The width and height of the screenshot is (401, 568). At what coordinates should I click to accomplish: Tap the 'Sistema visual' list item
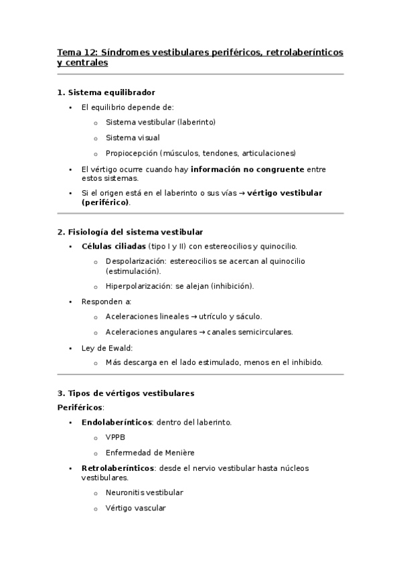tap(132, 137)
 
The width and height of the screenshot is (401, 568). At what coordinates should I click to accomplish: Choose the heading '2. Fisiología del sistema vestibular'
tap(130, 232)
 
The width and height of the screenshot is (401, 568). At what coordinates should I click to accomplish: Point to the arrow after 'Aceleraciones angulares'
tap(202, 332)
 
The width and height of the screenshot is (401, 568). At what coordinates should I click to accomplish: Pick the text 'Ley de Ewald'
tap(106, 348)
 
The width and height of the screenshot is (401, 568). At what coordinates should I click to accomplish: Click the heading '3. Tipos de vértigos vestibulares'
tap(126, 393)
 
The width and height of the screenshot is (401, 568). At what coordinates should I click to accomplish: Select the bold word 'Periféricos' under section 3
tap(80, 407)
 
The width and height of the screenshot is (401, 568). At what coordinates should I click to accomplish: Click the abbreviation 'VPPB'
tap(115, 437)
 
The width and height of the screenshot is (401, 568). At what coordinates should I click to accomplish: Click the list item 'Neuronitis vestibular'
tap(144, 492)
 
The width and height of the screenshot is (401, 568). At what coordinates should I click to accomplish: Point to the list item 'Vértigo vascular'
tap(135, 508)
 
